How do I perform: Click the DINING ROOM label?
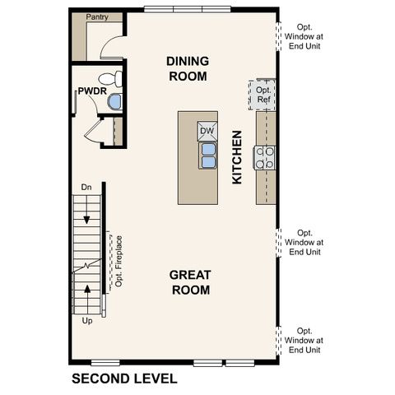click(187, 68)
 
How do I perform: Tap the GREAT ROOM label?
click(189, 281)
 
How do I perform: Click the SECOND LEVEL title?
click(123, 379)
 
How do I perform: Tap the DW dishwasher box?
click(207, 131)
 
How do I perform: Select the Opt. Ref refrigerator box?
click(263, 95)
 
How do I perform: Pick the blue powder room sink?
click(114, 102)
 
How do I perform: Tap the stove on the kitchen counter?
click(265, 157)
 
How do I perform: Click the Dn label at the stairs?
click(86, 188)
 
